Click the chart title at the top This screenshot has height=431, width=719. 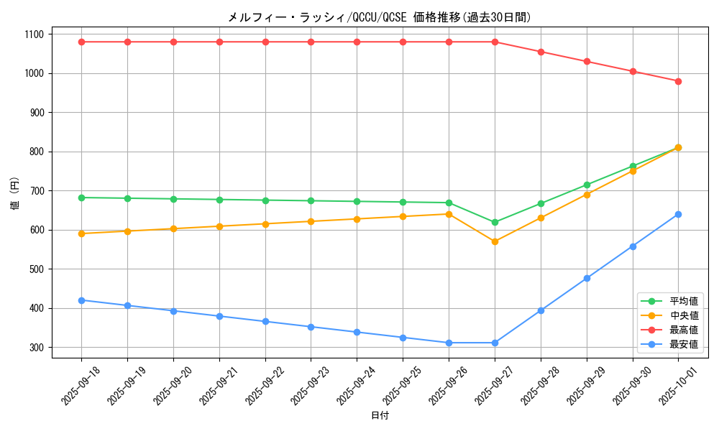point(379,17)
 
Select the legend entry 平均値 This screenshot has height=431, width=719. point(683,302)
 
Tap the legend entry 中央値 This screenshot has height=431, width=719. point(683,316)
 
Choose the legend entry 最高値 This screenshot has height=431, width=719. point(683,330)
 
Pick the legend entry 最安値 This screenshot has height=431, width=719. point(683,345)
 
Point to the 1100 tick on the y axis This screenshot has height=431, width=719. point(33,34)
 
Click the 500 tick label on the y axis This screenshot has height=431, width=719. point(36,269)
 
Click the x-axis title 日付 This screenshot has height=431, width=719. point(380,416)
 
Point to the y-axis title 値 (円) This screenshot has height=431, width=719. point(15,195)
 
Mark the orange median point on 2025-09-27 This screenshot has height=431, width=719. point(495,241)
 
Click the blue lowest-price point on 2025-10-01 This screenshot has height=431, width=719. point(678,214)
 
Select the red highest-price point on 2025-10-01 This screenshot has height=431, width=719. point(678,81)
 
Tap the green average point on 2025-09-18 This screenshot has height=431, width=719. point(81,198)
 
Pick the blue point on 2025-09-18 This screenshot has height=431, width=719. point(81,300)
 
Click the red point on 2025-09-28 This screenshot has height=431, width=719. point(541,52)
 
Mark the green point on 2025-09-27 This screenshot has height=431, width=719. point(495,222)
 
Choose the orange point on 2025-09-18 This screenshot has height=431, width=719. point(81,233)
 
